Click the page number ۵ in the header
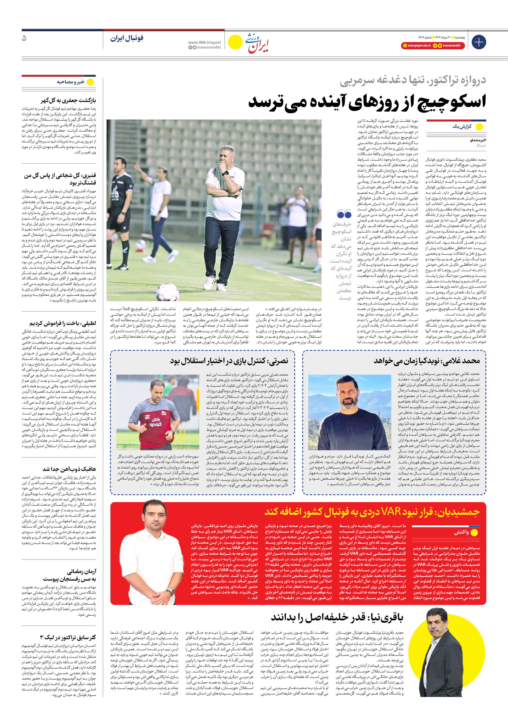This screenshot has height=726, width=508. coord(24,38)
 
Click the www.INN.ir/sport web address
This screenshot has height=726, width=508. coord(204,42)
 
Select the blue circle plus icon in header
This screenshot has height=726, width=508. coord(479,42)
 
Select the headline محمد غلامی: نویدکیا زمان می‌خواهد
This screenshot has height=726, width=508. coord(427,361)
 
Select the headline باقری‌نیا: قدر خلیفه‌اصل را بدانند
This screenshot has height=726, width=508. coord(337,617)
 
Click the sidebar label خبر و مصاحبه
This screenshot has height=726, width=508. coord(71,82)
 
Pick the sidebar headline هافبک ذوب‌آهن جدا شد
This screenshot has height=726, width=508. coord(69,469)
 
